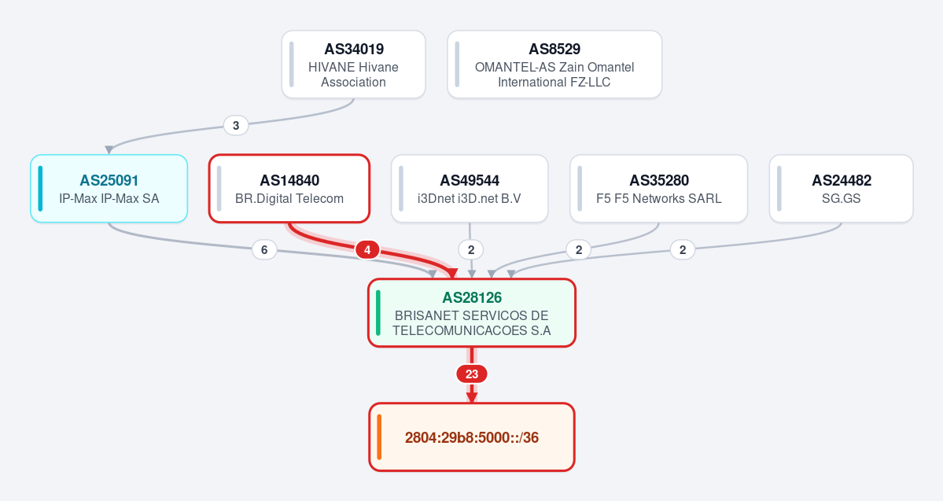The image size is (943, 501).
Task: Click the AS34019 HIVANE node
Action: pyautogui.click(x=354, y=64)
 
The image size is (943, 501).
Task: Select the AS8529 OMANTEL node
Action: pyautogui.click(x=554, y=64)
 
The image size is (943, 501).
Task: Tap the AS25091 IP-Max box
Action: pyautogui.click(x=109, y=188)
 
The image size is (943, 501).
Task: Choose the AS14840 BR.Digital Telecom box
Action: pyautogui.click(x=289, y=188)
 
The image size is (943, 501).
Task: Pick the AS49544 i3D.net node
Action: pyautogui.click(x=470, y=188)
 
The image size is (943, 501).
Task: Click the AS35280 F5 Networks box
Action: pyautogui.click(x=658, y=188)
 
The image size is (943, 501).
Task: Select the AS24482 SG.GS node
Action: pyautogui.click(x=842, y=188)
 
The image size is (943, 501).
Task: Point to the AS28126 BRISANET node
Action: pyautogui.click(x=472, y=313)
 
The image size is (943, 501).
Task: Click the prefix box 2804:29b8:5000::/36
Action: pyautogui.click(x=472, y=437)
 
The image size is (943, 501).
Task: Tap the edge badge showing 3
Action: pyautogui.click(x=236, y=125)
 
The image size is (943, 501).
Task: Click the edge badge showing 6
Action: pyautogui.click(x=264, y=249)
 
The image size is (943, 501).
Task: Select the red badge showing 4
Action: pyautogui.click(x=367, y=249)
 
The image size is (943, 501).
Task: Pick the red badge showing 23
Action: pyautogui.click(x=472, y=374)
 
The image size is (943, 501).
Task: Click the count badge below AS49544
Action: pyautogui.click(x=471, y=249)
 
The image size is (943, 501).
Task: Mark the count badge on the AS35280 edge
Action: pyautogui.click(x=579, y=249)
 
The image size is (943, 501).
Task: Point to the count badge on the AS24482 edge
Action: pyautogui.click(x=683, y=249)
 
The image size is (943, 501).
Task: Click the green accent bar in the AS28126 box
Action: pyautogui.click(x=378, y=313)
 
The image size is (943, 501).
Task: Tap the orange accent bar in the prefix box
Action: pyautogui.click(x=379, y=437)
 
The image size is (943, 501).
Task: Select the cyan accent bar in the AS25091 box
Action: pyautogui.click(x=40, y=188)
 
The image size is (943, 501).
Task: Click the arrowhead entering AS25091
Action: pyautogui.click(x=109, y=149)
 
